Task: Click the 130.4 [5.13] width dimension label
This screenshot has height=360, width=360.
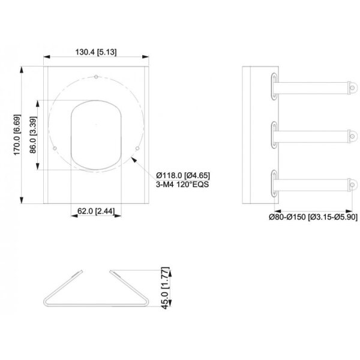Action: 96,52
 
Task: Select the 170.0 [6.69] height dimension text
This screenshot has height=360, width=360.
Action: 17,135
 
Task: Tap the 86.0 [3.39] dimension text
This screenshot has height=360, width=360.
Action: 33,135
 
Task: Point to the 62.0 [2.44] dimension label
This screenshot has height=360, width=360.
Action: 96,211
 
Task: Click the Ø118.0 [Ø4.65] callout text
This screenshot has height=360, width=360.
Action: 183,176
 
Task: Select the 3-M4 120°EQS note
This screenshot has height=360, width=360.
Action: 182,184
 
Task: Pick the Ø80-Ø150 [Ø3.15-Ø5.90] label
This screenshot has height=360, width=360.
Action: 313,217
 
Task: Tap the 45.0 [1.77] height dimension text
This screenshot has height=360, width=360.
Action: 166,287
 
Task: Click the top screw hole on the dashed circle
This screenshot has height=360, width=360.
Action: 96,77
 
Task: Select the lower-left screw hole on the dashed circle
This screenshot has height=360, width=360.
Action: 55,149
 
